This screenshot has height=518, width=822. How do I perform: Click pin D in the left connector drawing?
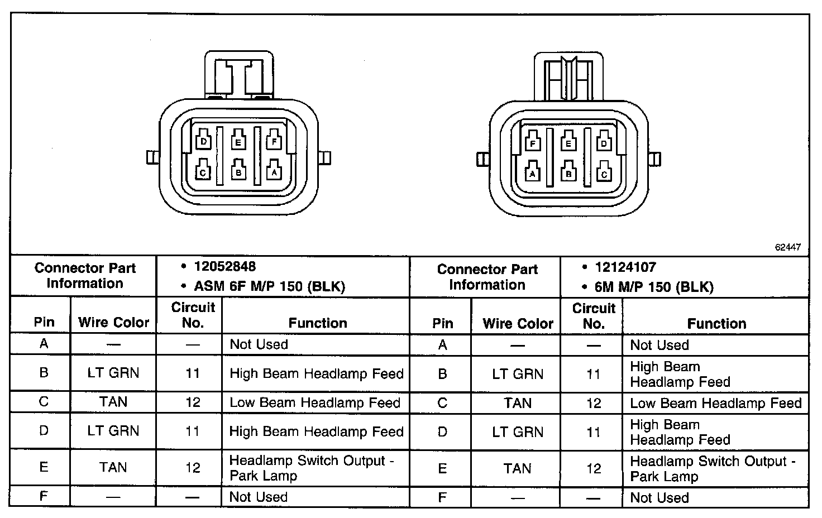coord(204,142)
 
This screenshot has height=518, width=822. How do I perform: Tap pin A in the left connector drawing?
coord(273,172)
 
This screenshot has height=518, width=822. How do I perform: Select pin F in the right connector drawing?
coord(533,143)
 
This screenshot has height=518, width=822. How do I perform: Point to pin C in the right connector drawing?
coord(603,174)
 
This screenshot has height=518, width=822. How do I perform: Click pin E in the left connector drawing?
coord(238,142)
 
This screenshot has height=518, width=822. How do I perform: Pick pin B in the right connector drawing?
coord(568,174)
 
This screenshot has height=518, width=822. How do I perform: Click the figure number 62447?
coord(787,247)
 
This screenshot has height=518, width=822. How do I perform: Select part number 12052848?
coord(224,267)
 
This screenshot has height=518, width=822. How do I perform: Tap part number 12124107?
coord(625,267)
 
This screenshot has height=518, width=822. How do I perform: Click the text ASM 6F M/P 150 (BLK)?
coord(269,287)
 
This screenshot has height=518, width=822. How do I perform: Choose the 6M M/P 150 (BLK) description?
coord(654,287)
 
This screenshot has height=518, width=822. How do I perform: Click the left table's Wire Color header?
coord(113,323)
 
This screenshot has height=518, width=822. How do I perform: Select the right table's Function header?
coord(716,324)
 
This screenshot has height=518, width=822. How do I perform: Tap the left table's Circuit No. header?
coord(193,315)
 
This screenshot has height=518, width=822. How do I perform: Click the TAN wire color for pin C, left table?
coord(113,402)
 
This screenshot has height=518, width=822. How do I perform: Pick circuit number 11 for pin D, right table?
coord(594,432)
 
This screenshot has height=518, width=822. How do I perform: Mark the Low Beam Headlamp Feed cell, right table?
coord(715,403)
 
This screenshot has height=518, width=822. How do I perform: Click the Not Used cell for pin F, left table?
coord(259,497)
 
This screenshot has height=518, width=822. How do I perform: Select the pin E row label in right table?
coord(442,468)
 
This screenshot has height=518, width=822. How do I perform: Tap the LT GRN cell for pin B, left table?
coord(113,373)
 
